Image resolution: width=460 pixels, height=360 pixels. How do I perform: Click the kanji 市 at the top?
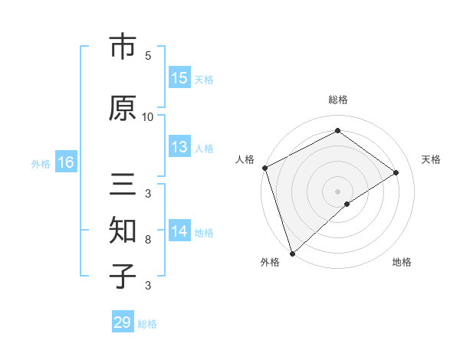click(122, 47)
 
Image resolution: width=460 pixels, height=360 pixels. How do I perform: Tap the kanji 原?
click(122, 108)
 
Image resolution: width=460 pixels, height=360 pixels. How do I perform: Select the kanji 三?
click(122, 186)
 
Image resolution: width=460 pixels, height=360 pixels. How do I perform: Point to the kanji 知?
click(122, 231)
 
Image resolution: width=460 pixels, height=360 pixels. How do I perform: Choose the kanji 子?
click(122, 276)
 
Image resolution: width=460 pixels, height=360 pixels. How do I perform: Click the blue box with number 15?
click(179, 78)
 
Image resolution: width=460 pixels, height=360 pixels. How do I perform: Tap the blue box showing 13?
click(179, 148)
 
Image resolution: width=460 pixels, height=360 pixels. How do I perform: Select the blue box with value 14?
click(179, 232)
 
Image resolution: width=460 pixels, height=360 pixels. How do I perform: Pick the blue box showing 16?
click(66, 162)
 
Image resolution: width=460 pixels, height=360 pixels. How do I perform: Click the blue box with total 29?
click(123, 322)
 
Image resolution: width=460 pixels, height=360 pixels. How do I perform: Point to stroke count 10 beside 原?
click(148, 116)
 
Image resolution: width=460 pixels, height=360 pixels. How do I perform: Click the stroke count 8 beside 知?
click(148, 240)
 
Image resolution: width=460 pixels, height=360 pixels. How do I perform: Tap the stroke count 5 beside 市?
click(148, 55)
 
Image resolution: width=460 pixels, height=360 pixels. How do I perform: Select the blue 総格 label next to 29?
click(147, 324)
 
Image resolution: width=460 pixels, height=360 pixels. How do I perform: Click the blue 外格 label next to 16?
click(41, 164)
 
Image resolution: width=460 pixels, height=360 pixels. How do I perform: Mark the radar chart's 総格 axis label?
click(337, 100)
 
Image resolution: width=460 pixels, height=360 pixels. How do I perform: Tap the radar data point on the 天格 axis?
click(396, 172)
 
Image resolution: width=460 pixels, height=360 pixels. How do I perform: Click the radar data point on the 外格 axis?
click(292, 253)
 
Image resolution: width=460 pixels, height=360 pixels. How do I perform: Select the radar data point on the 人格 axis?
click(264, 168)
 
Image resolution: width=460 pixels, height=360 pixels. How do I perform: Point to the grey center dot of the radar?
click(337, 191)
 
